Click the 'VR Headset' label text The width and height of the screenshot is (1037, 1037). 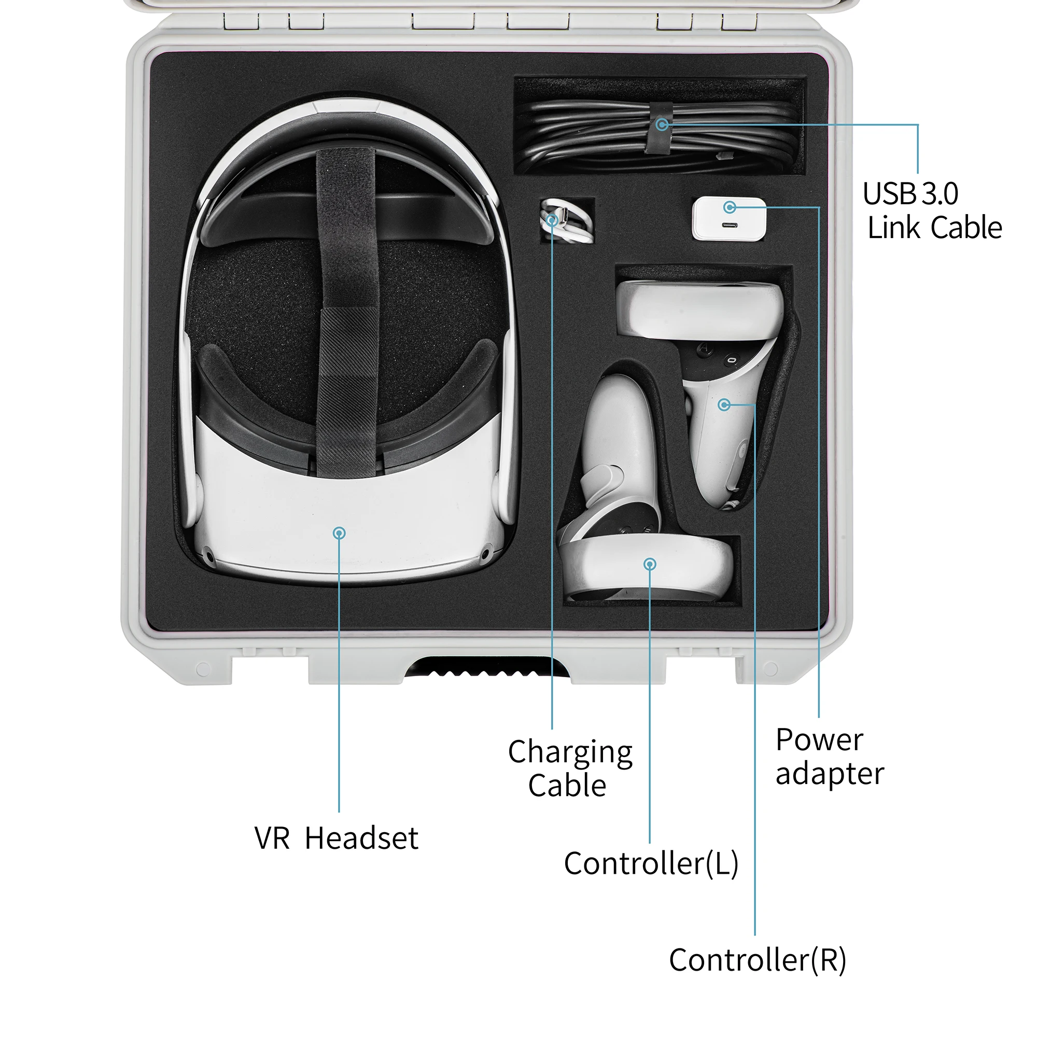pos(336,838)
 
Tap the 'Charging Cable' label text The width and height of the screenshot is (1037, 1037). pos(569,768)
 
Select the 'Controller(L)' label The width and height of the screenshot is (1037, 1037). pos(651,863)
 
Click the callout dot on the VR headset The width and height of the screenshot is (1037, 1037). pos(339,533)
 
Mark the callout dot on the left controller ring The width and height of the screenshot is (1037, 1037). pos(650,564)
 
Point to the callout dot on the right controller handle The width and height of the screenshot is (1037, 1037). pos(723,404)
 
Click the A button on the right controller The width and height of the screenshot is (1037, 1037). pos(705,349)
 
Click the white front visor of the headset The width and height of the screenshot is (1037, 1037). pos(344,510)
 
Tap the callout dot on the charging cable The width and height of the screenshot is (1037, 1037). pos(552,219)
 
